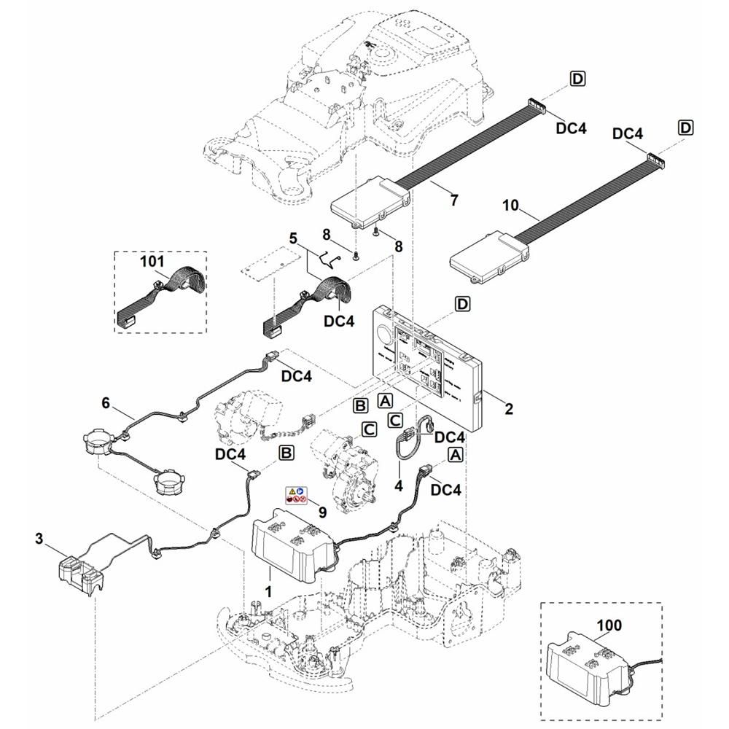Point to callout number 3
click(x=40, y=539)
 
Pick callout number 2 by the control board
click(x=509, y=409)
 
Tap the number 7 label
click(x=454, y=200)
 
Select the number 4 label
click(x=398, y=484)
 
